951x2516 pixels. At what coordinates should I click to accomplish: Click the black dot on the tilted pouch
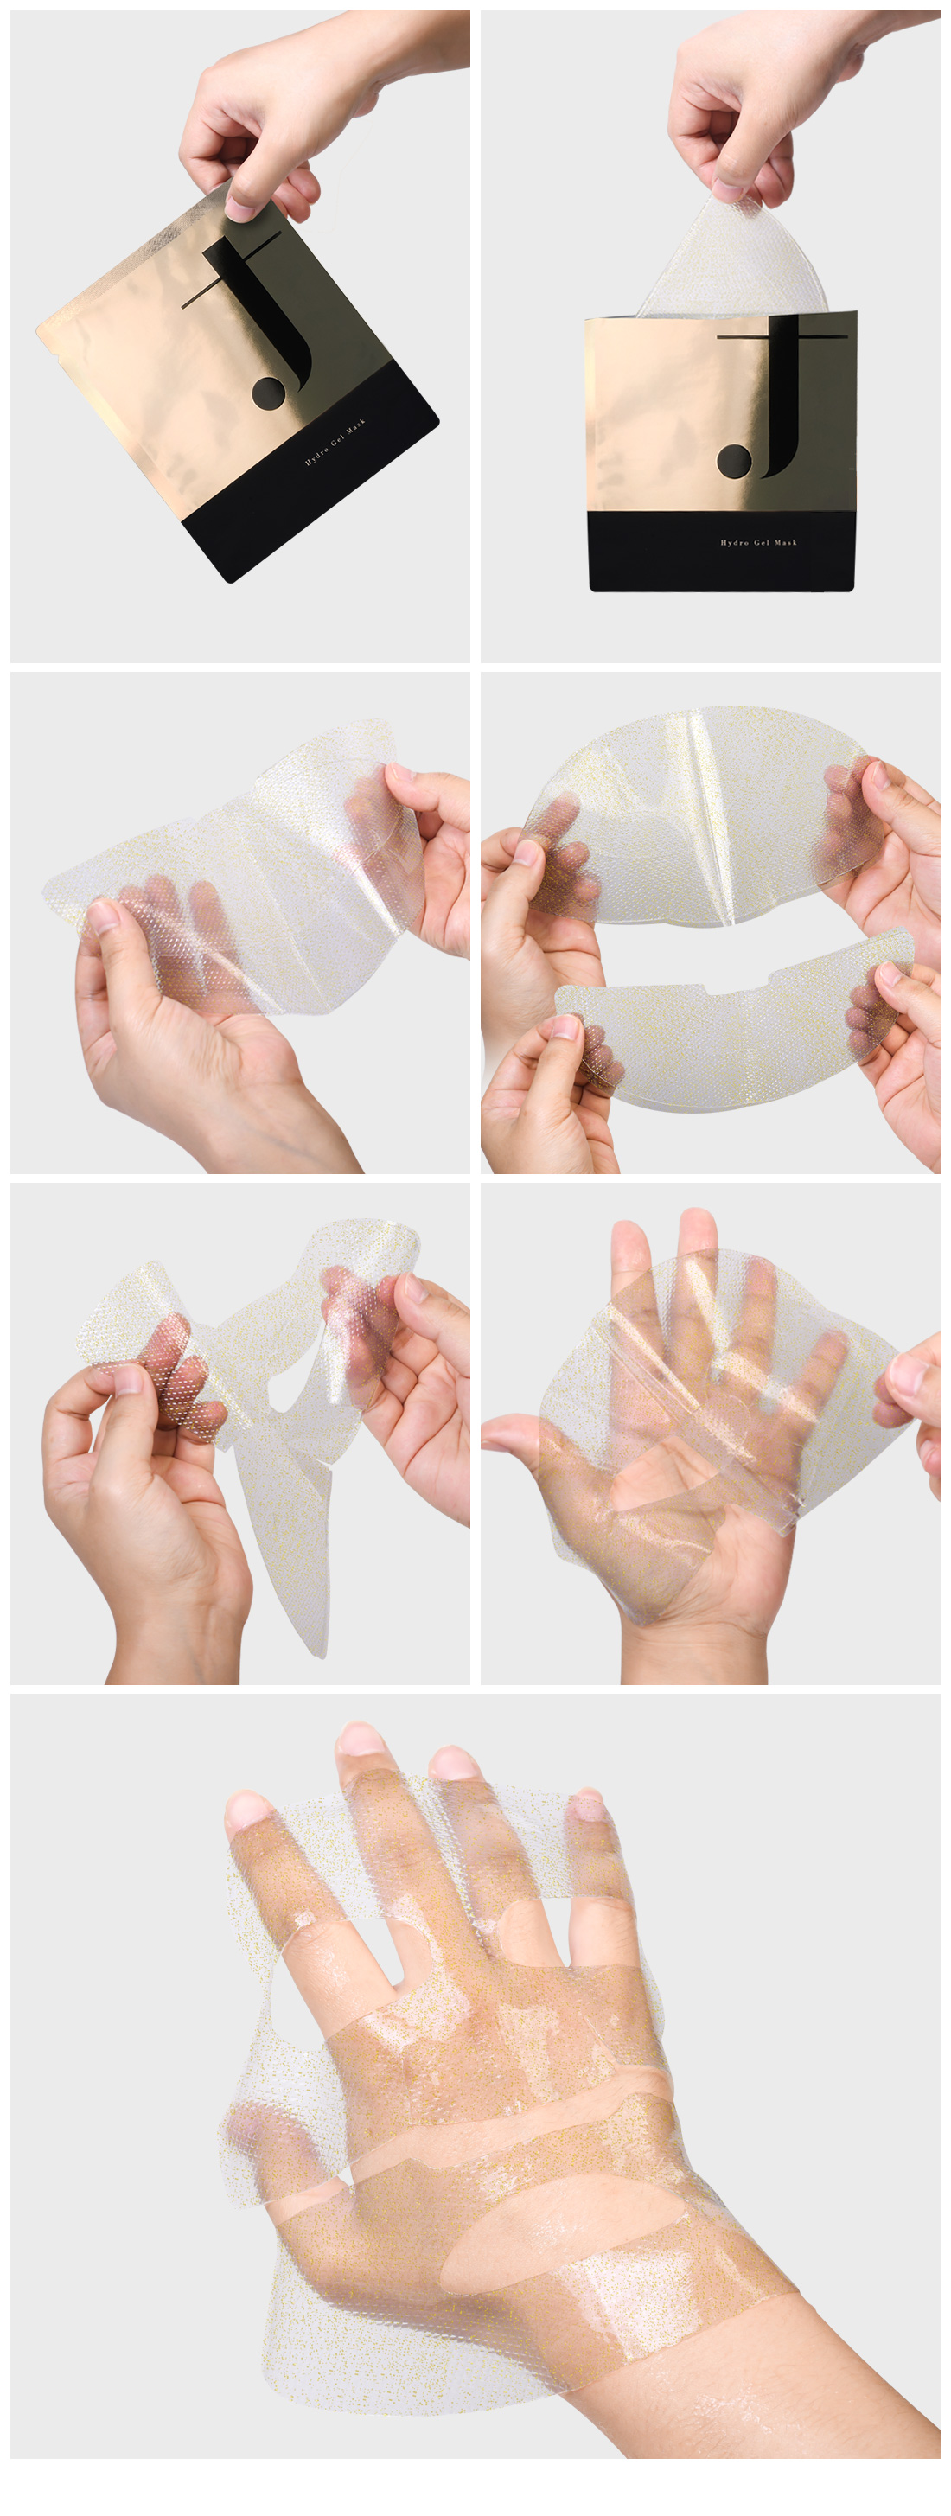click(x=269, y=393)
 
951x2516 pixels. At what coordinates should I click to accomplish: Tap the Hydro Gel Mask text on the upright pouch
click(x=759, y=542)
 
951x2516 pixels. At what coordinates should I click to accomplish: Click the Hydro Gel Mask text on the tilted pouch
click(x=335, y=442)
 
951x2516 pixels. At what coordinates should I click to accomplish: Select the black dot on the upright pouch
click(x=734, y=460)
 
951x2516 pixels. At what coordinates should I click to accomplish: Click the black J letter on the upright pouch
click(x=781, y=400)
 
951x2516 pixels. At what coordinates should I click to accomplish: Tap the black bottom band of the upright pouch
click(x=722, y=551)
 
